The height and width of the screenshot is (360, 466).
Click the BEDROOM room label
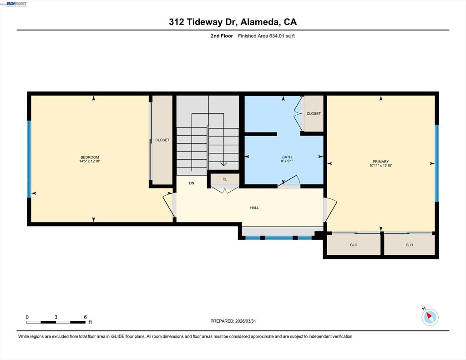[90, 157]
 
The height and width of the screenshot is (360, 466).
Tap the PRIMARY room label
[381, 162]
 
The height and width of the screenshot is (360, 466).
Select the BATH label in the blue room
[287, 157]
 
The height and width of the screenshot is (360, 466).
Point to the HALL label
[254, 208]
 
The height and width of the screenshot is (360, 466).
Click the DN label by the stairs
[192, 183]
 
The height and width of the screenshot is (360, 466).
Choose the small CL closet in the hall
[225, 179]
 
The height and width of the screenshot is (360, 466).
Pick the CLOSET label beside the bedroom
[162, 140]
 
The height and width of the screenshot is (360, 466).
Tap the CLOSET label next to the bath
[314, 114]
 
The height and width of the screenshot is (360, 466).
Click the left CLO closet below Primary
[354, 245]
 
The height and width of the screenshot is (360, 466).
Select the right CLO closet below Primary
[410, 245]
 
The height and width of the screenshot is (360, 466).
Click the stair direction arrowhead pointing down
[223, 164]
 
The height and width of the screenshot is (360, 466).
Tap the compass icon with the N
[430, 317]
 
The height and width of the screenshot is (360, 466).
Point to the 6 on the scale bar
[85, 317]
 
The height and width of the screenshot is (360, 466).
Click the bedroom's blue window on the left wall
[29, 159]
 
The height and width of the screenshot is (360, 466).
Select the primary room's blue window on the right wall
[437, 163]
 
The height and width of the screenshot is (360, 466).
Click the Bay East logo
[16, 4]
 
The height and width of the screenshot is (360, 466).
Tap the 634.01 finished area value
[277, 36]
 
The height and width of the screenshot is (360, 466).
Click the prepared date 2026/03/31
[245, 321]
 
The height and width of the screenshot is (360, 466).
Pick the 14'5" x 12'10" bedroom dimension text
[90, 162]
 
